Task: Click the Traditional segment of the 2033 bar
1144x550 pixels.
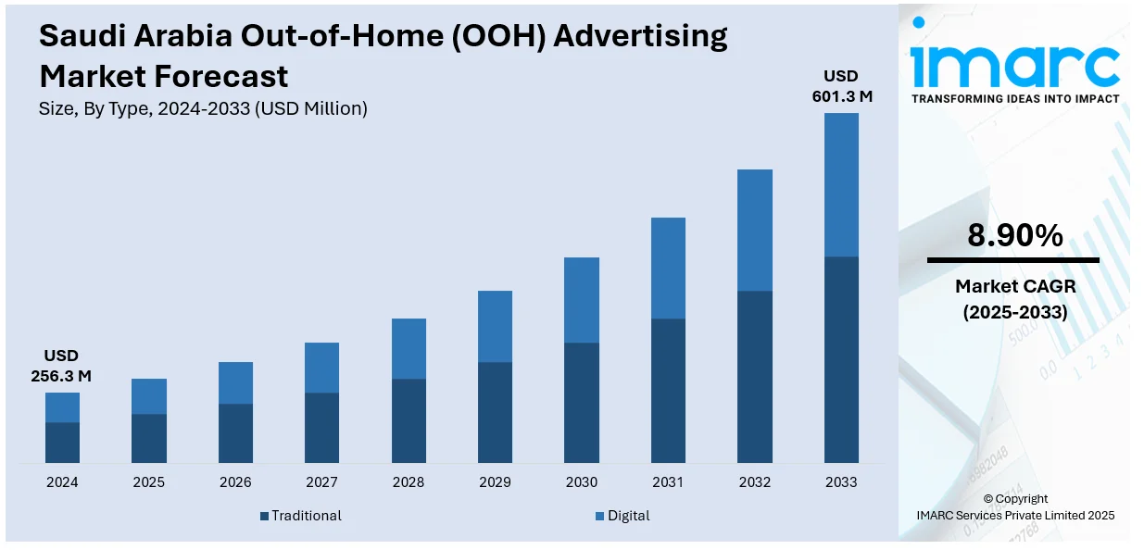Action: pos(841,359)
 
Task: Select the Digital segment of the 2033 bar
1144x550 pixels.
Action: pos(841,184)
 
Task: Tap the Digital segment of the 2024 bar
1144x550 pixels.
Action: pos(62,407)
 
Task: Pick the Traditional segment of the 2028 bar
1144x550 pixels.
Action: pos(409,420)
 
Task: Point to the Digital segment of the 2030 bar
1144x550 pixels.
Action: pos(582,300)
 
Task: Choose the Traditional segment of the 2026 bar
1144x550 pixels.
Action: pos(235,433)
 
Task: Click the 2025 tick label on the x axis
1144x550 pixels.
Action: pos(148,482)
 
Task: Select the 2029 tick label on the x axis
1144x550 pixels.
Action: pos(495,482)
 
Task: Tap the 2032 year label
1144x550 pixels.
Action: pos(755,482)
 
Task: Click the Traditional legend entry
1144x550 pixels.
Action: pos(301,516)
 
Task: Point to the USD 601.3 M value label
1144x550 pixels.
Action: pos(841,85)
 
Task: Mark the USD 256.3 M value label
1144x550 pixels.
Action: pos(62,366)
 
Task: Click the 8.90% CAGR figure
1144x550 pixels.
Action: pos(1014,237)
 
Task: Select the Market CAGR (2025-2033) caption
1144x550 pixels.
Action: pos(1014,300)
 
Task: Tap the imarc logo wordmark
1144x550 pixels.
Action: pos(1014,63)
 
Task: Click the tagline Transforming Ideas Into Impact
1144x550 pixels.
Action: pos(1015,98)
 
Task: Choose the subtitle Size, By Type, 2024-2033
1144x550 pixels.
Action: pos(203,108)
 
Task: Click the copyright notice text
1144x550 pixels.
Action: pos(1015,506)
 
